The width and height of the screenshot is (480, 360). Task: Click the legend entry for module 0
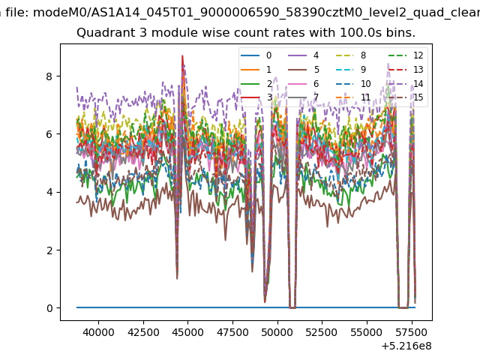coord(256,55)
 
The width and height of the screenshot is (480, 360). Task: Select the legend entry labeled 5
coord(304,70)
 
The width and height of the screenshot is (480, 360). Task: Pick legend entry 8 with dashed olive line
coord(351,55)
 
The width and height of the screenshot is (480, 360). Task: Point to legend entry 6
coord(304,84)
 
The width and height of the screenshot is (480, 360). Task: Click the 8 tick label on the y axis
coord(49,76)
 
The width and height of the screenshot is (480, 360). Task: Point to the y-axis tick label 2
coord(49,250)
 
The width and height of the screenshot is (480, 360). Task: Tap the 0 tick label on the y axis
coord(49,308)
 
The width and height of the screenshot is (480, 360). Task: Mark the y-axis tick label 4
coord(49,192)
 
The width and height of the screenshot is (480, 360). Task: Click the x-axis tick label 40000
coord(98,332)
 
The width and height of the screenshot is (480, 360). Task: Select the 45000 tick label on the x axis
coord(188,332)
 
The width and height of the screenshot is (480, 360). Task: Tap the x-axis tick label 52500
coord(322,332)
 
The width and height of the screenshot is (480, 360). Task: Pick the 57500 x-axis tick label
coord(411,332)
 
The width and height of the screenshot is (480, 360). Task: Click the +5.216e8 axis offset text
coord(406,346)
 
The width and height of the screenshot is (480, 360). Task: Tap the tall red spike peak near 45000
coord(182,55)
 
